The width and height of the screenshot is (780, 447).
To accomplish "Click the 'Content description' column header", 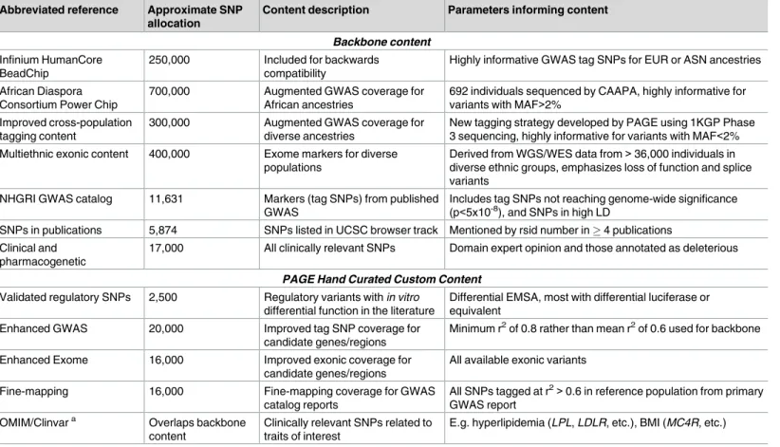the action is (316, 9).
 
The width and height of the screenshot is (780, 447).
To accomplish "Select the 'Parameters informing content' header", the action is (528, 9).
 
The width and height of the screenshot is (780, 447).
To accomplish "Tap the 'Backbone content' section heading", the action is (382, 42).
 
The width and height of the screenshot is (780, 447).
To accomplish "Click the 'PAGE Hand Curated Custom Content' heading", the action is (382, 279).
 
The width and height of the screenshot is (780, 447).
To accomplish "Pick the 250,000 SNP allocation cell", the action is (169, 60).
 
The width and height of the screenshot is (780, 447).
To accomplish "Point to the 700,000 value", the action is (169, 91).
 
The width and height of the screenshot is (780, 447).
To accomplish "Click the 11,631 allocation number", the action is (166, 198).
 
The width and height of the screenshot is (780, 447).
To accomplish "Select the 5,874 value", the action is (162, 230).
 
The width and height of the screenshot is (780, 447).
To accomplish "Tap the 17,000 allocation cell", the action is (166, 248).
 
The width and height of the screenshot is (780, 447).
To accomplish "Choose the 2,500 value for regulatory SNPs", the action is (162, 297).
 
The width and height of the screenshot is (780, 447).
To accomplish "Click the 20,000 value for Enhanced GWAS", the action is (166, 328).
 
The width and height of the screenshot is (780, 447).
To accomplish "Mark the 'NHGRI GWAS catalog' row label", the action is (56, 198).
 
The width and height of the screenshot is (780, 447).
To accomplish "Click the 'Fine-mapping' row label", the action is (34, 391).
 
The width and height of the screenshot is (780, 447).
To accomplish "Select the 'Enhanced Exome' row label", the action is (44, 360).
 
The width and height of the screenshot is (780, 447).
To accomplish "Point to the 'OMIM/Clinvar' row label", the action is (38, 422).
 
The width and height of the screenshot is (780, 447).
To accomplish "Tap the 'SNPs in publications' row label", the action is (50, 230).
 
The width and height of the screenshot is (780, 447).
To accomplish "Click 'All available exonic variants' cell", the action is (518, 360).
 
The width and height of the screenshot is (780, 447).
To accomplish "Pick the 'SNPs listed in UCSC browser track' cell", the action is (351, 230).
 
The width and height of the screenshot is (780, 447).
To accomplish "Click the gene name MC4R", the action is (683, 422).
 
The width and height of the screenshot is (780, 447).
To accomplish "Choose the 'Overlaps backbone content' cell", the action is (197, 429).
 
